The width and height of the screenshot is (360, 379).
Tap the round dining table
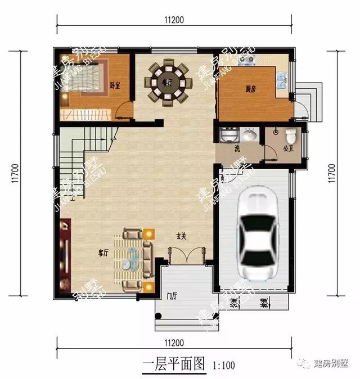pos(168,83)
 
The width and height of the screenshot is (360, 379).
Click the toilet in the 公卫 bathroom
pos(290,137)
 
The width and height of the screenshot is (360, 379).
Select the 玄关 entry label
pos(181,236)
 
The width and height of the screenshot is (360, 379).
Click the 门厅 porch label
pos(172,296)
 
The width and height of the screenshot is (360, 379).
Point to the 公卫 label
pos(289,150)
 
